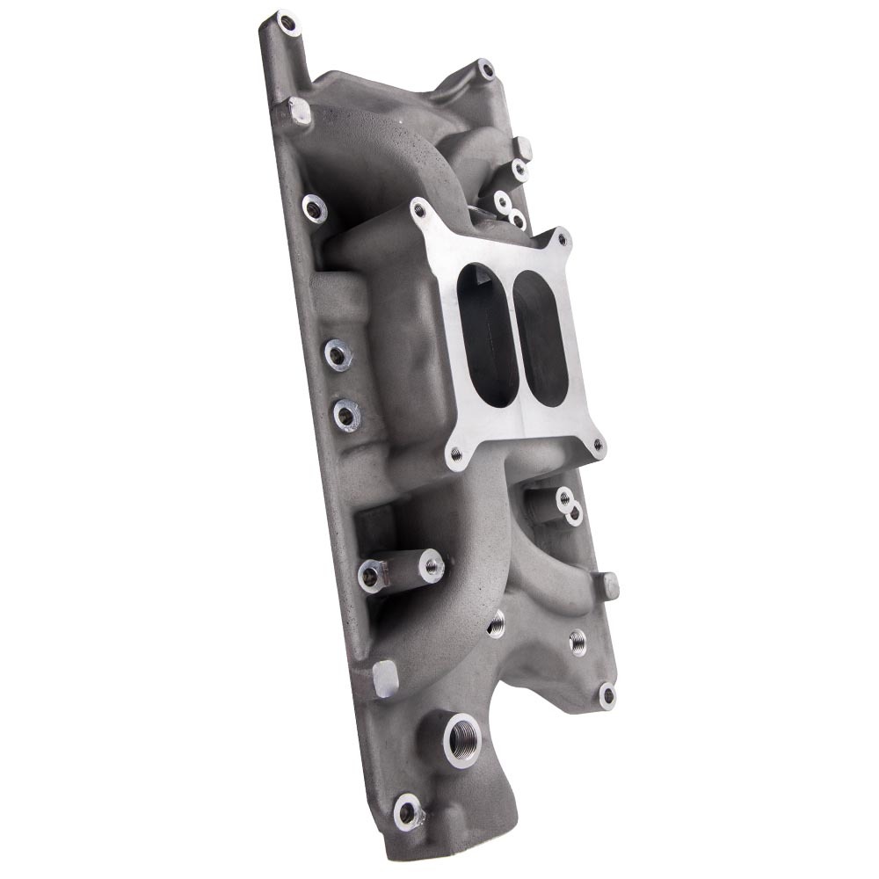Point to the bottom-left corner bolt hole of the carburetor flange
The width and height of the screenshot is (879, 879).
pyautogui.click(x=455, y=454)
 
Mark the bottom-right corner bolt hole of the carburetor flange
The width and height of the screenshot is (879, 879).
pyautogui.click(x=598, y=445)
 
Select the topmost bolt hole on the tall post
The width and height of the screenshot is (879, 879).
pyautogui.click(x=284, y=19)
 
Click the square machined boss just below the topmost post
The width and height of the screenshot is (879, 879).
pyautogui.click(x=298, y=110)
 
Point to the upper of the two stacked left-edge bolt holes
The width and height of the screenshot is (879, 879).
pyautogui.click(x=338, y=354)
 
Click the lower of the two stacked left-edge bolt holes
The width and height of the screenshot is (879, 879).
pyautogui.click(x=346, y=414)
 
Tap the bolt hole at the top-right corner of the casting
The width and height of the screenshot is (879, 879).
pyautogui.click(x=484, y=67)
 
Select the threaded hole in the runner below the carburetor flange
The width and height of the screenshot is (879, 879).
pyautogui.click(x=497, y=623)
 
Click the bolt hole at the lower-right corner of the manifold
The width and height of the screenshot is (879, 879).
pyautogui.click(x=607, y=694)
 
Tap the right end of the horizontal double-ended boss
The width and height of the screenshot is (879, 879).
pyautogui.click(x=431, y=565)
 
